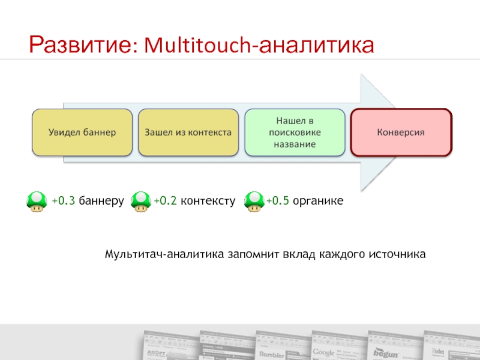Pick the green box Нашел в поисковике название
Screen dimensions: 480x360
(295, 132)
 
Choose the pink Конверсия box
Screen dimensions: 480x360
(401, 132)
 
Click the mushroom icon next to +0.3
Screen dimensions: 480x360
(37, 201)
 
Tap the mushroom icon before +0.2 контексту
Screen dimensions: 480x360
(140, 201)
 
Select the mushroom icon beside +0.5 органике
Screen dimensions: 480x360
(254, 201)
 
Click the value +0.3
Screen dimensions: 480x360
(63, 201)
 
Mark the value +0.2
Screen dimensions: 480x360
(165, 201)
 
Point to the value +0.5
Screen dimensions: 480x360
(278, 201)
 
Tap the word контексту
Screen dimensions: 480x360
(207, 201)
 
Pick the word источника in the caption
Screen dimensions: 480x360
(400, 254)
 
